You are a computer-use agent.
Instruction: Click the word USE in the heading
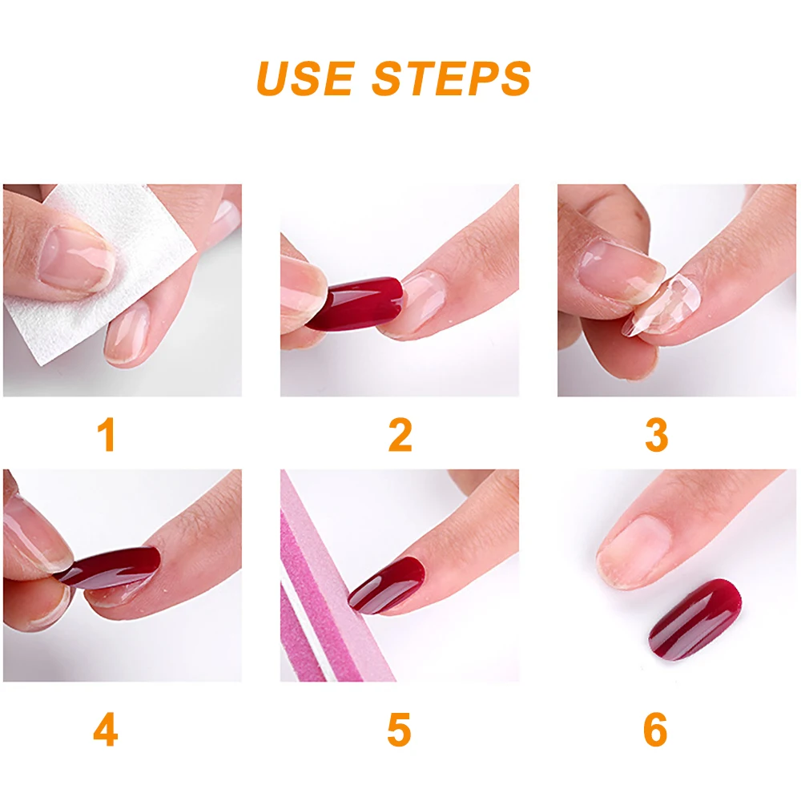pos(305,78)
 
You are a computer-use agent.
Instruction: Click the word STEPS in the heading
pos(452,78)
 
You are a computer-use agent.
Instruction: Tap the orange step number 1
pos(107,435)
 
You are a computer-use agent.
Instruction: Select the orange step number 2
pos(400,435)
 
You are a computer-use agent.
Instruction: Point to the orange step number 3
pos(657,435)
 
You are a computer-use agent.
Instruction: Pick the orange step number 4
pos(106,730)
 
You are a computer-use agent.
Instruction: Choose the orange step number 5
pos(399,730)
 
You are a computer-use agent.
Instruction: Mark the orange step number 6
pos(655,730)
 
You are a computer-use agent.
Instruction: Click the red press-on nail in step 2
pos(355,304)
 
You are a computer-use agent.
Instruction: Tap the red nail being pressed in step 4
pos(110,567)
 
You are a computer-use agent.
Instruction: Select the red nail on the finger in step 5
pos(387,585)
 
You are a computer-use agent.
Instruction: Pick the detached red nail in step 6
pos(694,619)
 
